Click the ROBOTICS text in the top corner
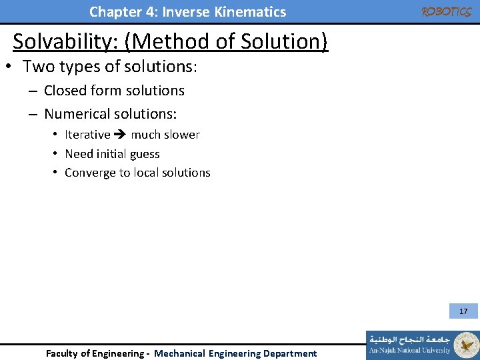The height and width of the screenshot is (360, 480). (x=445, y=12)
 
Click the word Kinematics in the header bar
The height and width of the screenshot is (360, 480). (x=253, y=12)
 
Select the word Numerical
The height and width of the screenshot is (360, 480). (x=76, y=114)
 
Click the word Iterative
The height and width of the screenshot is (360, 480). (x=87, y=135)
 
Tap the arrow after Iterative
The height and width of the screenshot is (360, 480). (x=121, y=135)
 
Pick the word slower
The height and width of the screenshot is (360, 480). (x=183, y=135)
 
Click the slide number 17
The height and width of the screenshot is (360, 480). (x=463, y=311)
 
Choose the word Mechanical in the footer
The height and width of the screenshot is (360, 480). (x=179, y=353)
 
